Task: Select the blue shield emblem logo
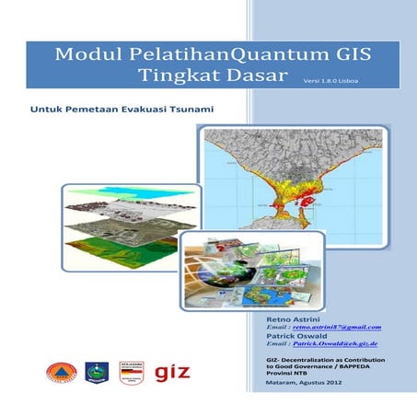coord(97,372)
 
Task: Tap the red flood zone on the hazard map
coord(304,195)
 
